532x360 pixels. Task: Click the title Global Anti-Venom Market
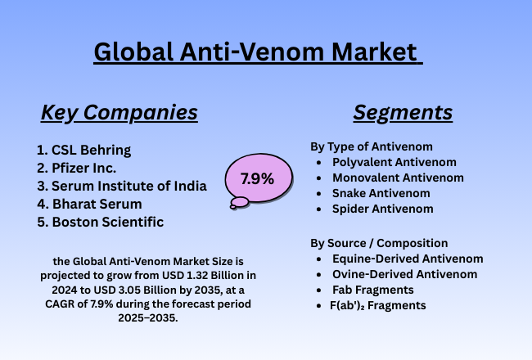coord(258,52)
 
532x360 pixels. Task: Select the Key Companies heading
coord(119,112)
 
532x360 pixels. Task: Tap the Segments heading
coord(403,112)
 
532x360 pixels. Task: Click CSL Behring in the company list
coord(91,150)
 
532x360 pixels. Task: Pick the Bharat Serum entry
coord(96,204)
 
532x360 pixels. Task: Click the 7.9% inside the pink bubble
coord(257,178)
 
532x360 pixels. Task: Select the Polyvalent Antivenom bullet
coord(394,162)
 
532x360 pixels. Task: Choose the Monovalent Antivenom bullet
coord(398,178)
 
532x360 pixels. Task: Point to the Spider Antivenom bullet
coord(382,209)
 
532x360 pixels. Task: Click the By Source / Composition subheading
coord(378,243)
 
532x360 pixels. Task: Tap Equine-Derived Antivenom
coord(408,259)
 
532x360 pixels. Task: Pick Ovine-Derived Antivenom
coord(405,274)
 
